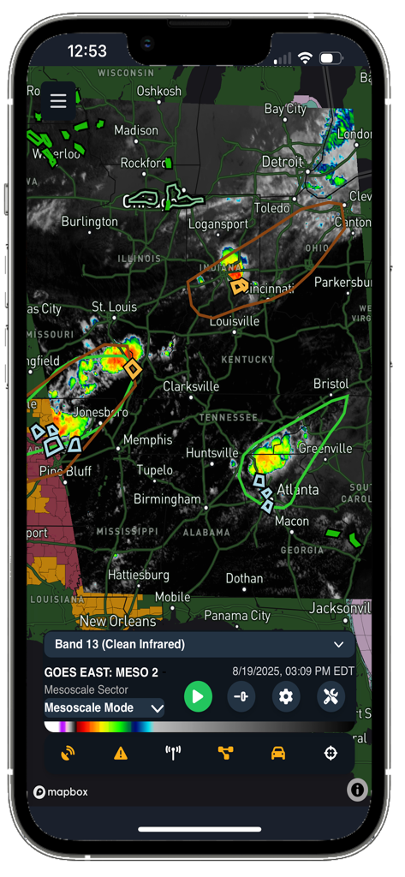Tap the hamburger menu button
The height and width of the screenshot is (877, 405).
tap(58, 102)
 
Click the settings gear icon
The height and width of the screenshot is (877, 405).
tap(286, 696)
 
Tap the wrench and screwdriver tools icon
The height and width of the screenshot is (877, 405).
tap(331, 696)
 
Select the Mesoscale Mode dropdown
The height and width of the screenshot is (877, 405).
tap(104, 708)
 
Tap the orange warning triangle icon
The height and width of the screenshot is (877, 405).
tap(121, 754)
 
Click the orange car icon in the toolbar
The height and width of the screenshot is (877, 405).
tap(278, 754)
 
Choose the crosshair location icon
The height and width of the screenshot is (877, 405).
tap(331, 754)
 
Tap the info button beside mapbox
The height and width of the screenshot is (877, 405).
tap(357, 790)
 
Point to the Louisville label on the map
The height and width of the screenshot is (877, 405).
tap(234, 321)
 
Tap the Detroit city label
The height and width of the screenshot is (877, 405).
tap(283, 162)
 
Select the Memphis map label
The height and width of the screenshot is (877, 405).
tap(147, 440)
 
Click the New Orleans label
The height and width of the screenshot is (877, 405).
tap(117, 621)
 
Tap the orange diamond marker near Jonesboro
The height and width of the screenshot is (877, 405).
tap(132, 368)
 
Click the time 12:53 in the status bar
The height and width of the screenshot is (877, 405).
tap(86, 51)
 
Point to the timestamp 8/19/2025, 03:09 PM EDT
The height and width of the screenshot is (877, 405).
tap(293, 671)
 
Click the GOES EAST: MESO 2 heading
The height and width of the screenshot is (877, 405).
tap(101, 672)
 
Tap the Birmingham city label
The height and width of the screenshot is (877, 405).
tap(167, 499)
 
